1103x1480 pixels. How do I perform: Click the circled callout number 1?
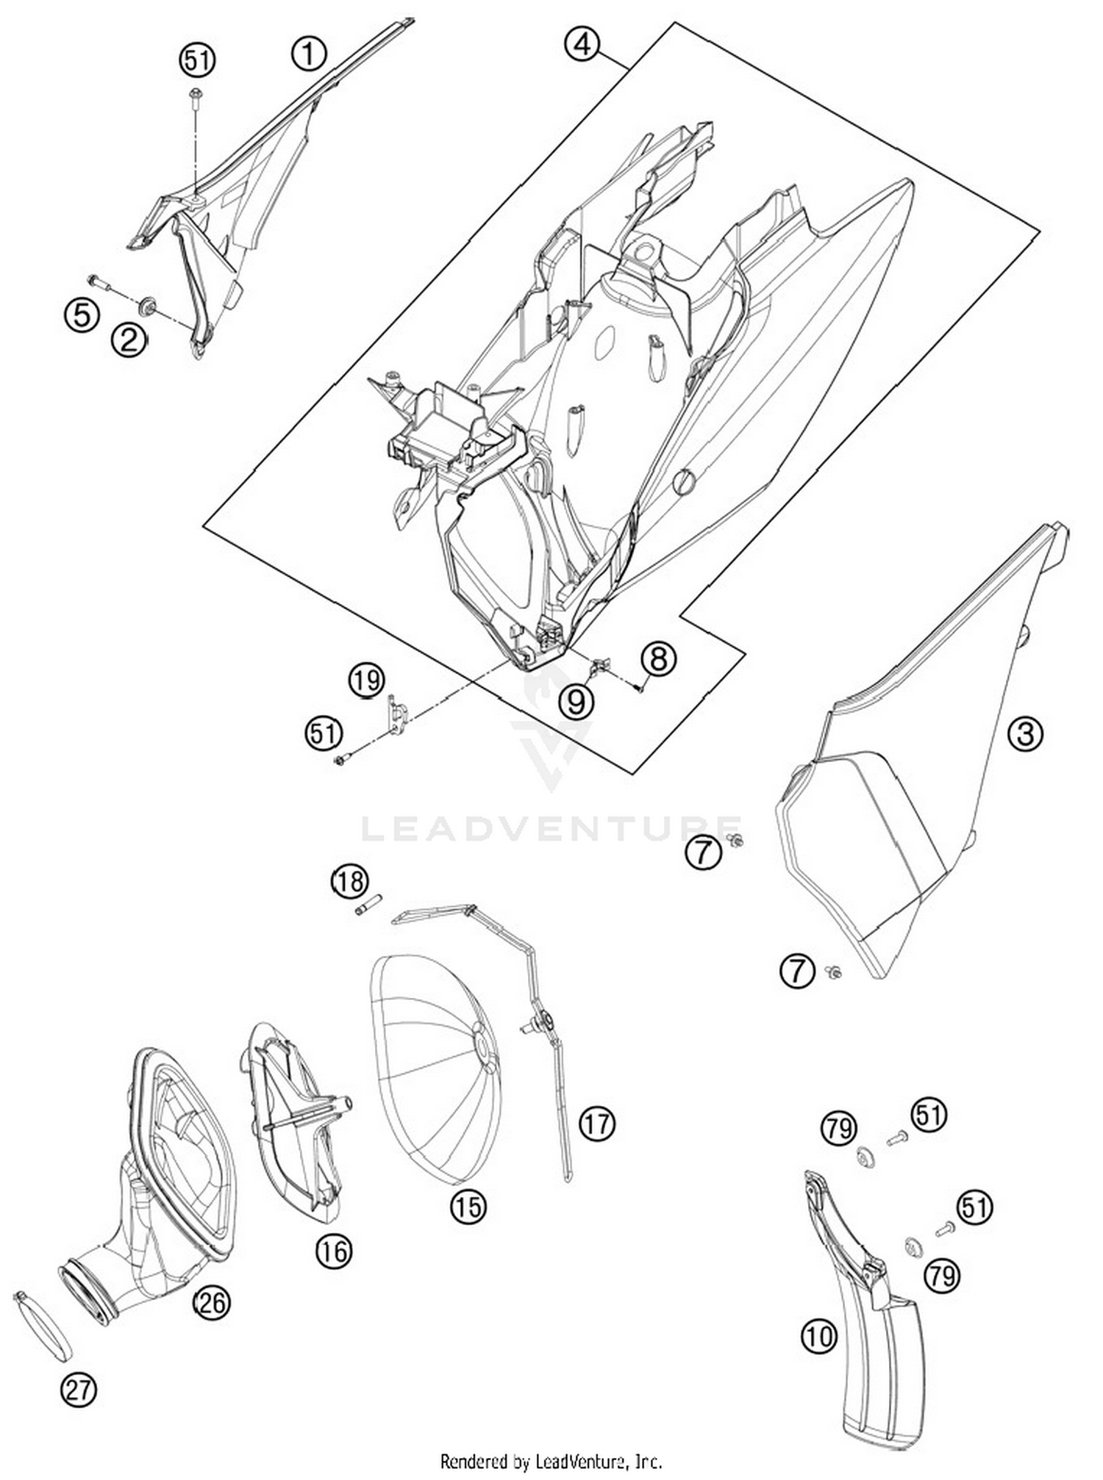coord(309,54)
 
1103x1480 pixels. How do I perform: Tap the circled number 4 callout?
coord(582,45)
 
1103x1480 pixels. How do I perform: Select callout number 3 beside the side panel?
coord(1025,733)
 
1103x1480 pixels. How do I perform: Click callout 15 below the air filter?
coord(468,1207)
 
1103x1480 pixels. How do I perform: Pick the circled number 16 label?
coord(334,1250)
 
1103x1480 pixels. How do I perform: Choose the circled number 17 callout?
coord(596,1124)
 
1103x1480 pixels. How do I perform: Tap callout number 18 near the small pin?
coord(349,880)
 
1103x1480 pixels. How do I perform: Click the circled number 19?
coord(366,680)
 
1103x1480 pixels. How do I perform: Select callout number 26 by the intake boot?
coord(211,1303)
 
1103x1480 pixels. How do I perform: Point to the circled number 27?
coord(79,1390)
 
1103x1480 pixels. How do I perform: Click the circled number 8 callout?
coord(658,658)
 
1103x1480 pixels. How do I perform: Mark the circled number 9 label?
coord(576,702)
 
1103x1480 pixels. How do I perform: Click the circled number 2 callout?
coord(129,340)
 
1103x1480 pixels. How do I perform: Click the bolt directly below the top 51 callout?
coord(196,96)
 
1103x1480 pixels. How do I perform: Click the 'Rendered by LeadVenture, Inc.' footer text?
coord(551,1461)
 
